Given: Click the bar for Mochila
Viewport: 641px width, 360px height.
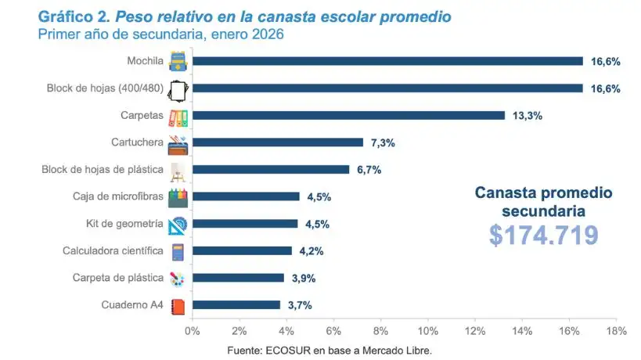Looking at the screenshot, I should (x=387, y=61).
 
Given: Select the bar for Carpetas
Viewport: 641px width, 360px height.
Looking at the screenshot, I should (x=348, y=115).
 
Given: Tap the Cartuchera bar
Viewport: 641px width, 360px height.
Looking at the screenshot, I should (x=278, y=142).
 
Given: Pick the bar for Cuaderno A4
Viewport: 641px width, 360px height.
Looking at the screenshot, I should (x=236, y=305).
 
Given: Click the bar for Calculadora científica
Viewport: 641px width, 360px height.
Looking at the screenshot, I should (x=242, y=251).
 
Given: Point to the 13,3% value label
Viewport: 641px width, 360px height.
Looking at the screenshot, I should (x=527, y=116).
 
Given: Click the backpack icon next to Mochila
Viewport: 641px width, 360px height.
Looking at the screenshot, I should (x=177, y=61).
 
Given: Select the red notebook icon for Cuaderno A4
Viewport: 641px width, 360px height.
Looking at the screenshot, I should (x=178, y=306).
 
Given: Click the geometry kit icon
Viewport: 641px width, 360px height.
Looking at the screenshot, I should (x=177, y=225).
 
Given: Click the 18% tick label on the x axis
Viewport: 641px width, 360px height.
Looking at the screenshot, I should (x=616, y=331).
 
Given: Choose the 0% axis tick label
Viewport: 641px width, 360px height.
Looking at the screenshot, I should (x=193, y=331).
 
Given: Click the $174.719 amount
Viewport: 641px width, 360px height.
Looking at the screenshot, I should (x=544, y=235).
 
